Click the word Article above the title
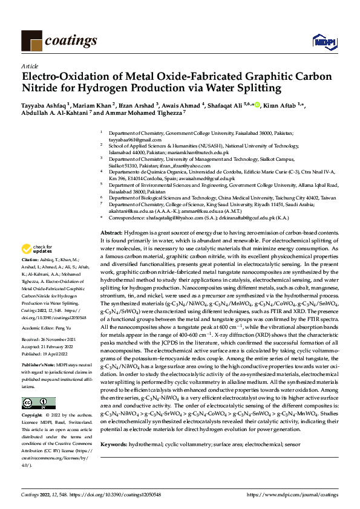(29, 65)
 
